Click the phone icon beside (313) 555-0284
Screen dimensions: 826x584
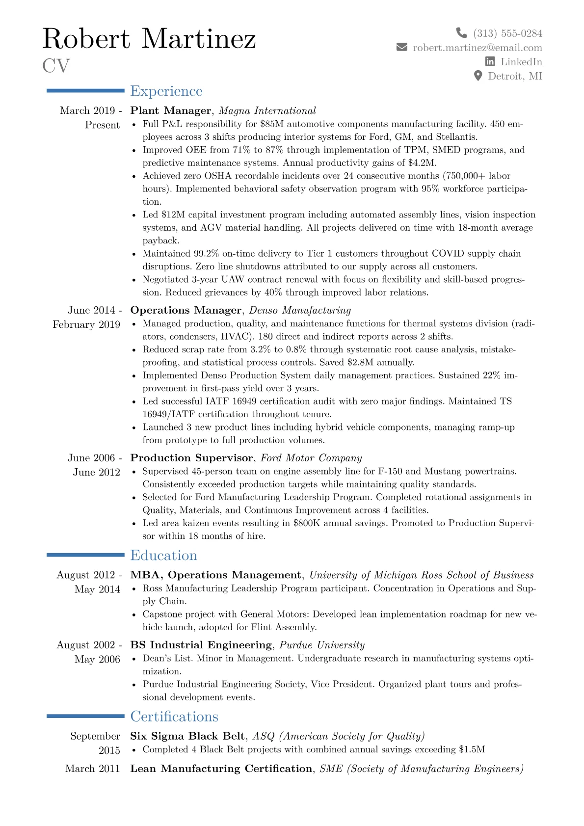point(461,33)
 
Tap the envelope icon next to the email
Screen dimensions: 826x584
point(402,47)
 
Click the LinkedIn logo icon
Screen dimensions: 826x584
point(490,61)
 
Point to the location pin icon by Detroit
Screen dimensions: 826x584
point(478,76)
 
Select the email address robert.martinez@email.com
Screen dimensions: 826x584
point(478,48)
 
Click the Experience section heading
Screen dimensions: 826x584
point(166,91)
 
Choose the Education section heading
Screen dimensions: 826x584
point(163,556)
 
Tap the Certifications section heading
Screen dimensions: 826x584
point(174,717)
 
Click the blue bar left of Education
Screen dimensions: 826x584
point(85,555)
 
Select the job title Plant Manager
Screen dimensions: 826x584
point(170,110)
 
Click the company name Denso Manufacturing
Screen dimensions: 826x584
point(300,310)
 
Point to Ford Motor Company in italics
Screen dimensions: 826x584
point(311,458)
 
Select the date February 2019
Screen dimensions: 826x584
point(86,324)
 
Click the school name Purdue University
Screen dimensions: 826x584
point(322,645)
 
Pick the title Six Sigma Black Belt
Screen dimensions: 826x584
point(187,736)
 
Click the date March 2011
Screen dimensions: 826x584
point(92,769)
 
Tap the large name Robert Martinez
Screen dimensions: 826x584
point(149,39)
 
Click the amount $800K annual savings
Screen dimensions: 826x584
point(307,523)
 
